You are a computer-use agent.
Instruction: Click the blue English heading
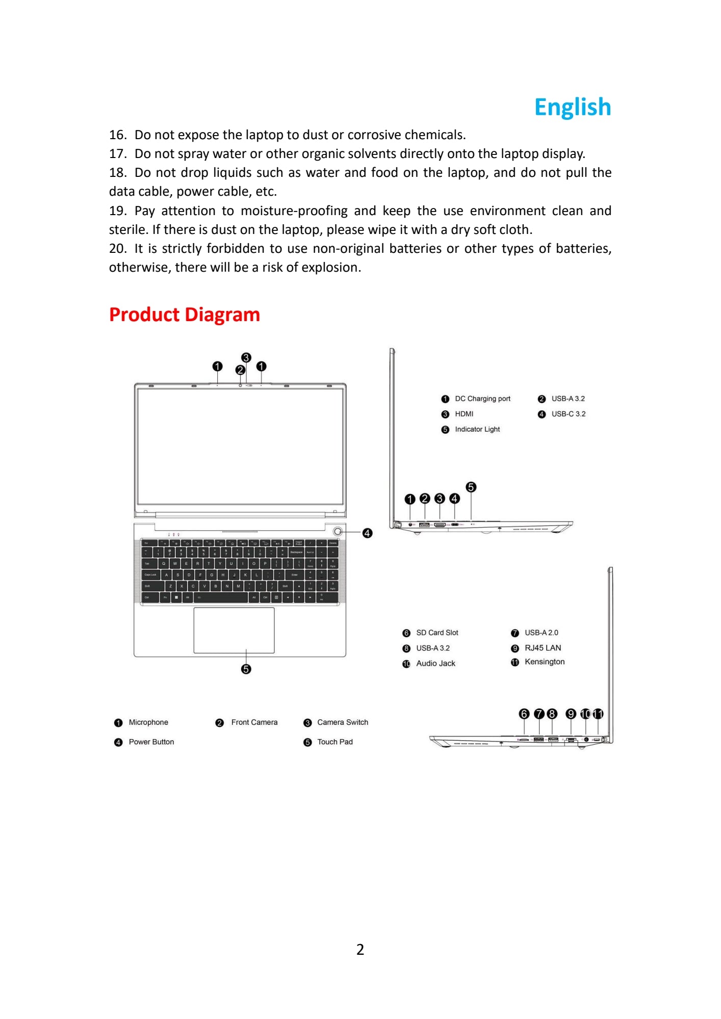point(572,107)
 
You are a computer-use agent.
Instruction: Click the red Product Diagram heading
point(185,315)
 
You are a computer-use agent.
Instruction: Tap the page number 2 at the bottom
point(360,949)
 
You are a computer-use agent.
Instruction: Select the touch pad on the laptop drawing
point(234,630)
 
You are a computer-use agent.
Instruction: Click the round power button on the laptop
point(338,532)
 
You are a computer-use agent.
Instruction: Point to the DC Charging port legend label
point(482,399)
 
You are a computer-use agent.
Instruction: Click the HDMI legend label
point(464,414)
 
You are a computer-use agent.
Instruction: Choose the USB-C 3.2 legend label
point(568,414)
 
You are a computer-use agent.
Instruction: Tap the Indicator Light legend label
point(477,429)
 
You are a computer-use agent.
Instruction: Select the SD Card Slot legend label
point(437,633)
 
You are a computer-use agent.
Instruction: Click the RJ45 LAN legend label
point(543,648)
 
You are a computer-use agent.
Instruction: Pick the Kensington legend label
point(545,662)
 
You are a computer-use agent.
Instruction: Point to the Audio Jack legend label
point(435,663)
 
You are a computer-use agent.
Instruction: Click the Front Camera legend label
point(254,722)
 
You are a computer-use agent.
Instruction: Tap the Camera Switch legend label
point(342,722)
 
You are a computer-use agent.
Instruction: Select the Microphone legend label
point(148,722)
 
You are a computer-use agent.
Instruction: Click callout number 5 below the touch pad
point(246,669)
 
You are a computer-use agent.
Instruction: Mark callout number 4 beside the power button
point(367,533)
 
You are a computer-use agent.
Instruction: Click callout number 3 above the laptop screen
point(246,357)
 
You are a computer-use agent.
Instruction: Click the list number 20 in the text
point(117,249)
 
